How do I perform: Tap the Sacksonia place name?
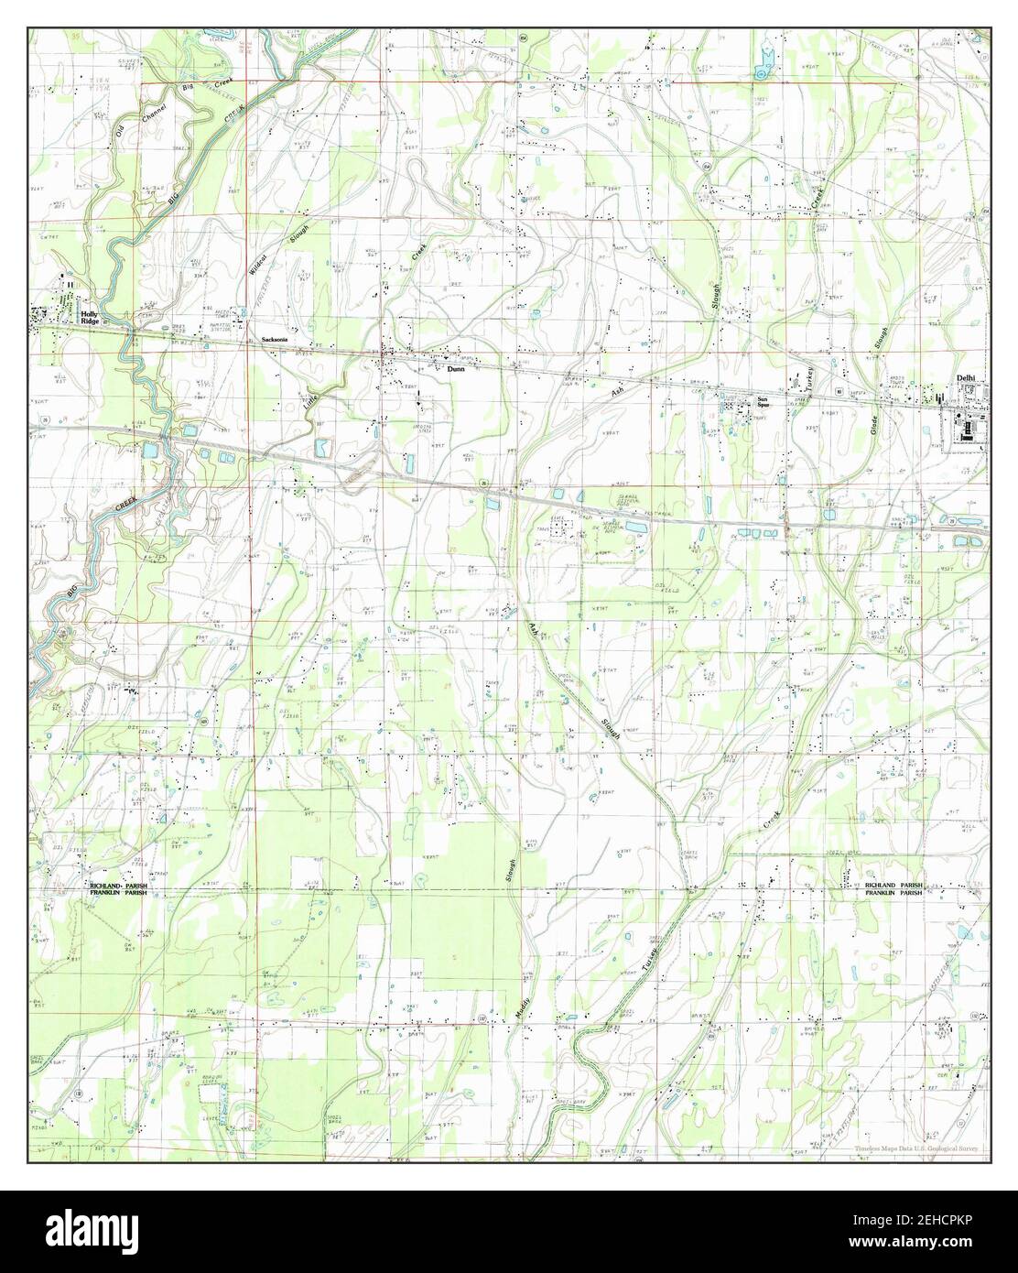point(276,340)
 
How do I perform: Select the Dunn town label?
point(456,370)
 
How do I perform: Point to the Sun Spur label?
point(763,402)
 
